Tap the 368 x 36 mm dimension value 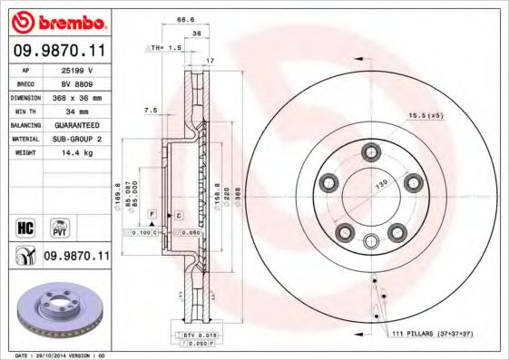click(78, 96)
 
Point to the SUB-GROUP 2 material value click(78, 139)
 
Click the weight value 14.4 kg click(76, 153)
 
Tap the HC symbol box click(26, 226)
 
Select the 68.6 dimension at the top click(186, 19)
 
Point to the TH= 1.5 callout click(166, 46)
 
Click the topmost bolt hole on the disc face click(370, 151)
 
